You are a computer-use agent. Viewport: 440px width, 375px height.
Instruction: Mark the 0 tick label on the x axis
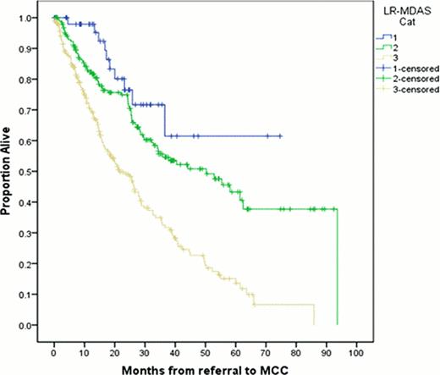coord(53,348)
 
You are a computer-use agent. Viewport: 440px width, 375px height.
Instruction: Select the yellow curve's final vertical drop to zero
coord(314,314)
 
